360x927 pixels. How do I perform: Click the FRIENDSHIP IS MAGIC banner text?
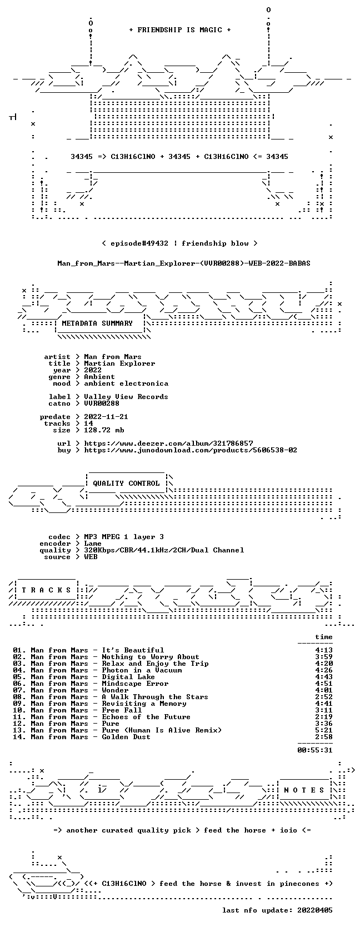[x=180, y=30]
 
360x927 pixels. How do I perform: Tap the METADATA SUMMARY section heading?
[x=97, y=323]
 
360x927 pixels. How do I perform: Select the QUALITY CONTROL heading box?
[x=126, y=484]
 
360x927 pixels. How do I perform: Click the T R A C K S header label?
[x=46, y=590]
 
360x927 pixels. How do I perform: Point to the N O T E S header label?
[x=304, y=790]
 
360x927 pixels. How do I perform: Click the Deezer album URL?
[x=168, y=443]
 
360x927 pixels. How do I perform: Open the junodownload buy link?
[x=191, y=450]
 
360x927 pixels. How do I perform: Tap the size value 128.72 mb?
[x=104, y=430]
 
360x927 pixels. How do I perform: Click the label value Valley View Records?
[x=126, y=396]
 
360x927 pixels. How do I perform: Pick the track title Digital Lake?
[x=128, y=676]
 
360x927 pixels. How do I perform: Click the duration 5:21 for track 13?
[x=323, y=730]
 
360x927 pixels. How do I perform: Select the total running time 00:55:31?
[x=315, y=750]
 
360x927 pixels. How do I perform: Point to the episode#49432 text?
[x=139, y=243]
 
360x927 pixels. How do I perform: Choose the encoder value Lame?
[x=93, y=544]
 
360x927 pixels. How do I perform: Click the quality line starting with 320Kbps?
[x=164, y=550]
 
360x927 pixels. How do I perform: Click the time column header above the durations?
[x=323, y=637]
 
